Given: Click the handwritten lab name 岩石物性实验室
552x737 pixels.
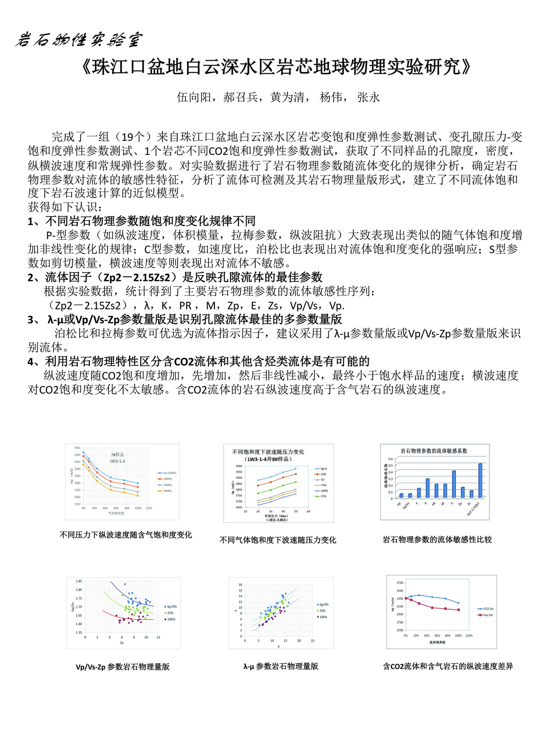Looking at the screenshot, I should (78, 40).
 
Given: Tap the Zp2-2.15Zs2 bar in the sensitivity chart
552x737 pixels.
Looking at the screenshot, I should (480, 480).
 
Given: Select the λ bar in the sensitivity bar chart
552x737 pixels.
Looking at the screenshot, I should (454, 484).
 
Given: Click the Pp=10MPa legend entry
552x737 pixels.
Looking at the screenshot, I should (167, 473).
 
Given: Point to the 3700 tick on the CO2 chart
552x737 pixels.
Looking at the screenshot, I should (399, 583).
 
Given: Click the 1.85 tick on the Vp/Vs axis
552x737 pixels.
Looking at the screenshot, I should (79, 581).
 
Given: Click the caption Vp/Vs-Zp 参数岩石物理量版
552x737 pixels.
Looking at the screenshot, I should (123, 667).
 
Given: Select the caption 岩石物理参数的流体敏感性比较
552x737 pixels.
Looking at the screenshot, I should (437, 539).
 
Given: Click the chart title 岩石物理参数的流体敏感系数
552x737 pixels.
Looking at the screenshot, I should (434, 451).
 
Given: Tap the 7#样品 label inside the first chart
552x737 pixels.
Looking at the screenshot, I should (117, 455).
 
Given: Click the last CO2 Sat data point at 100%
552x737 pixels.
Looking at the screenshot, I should (459, 603).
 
